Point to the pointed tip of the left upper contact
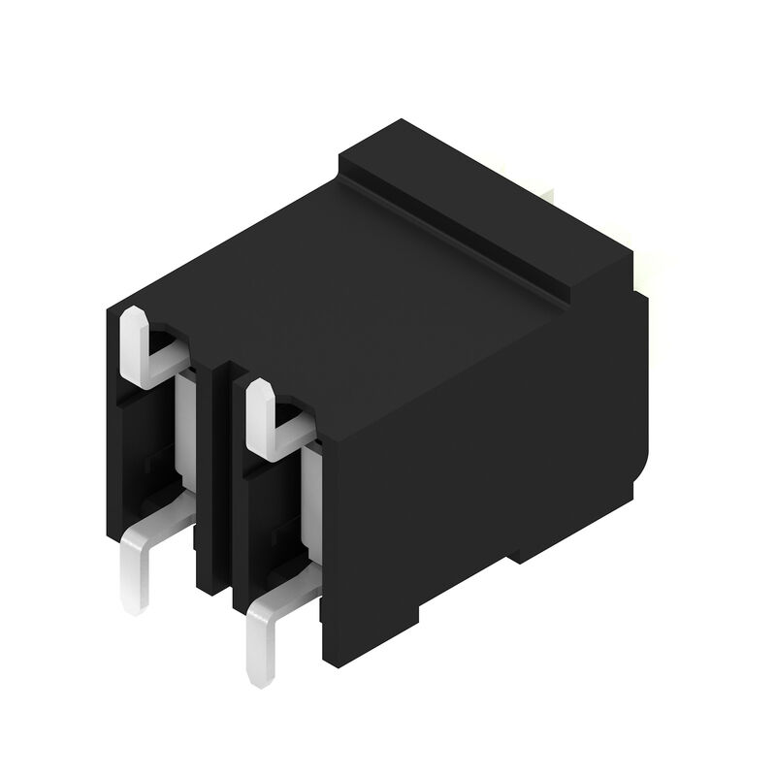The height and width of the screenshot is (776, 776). point(133,315)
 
